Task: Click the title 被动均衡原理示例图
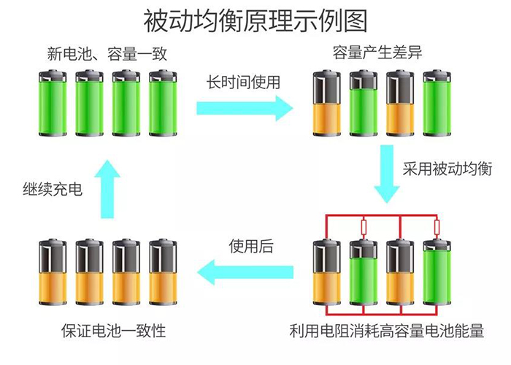tap(255, 20)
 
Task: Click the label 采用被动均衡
tap(447, 169)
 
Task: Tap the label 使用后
tap(250, 245)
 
